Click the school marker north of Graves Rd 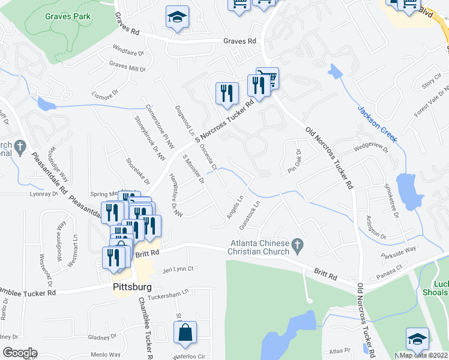[177, 19]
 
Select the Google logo [20, 352]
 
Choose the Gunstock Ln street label [249, 213]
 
